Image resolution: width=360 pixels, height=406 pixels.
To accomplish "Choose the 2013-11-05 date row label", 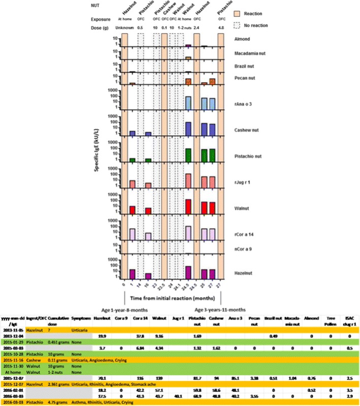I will click(x=13, y=327).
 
